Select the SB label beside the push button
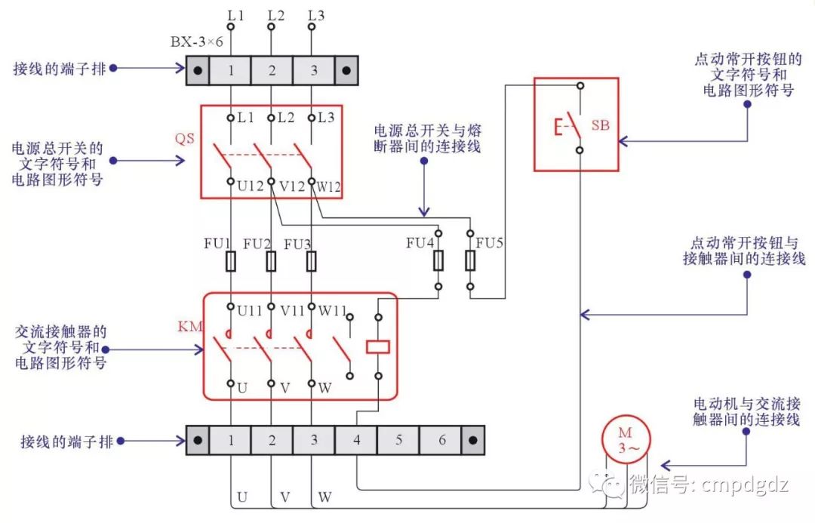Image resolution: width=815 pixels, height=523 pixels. (x=600, y=125)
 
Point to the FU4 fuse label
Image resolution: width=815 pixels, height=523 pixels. (x=420, y=243)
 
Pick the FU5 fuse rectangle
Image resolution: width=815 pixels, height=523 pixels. (x=470, y=261)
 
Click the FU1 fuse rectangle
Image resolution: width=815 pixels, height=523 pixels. (x=231, y=261)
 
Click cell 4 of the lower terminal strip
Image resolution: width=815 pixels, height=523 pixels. (x=356, y=439)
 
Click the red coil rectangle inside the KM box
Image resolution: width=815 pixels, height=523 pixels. (x=377, y=347)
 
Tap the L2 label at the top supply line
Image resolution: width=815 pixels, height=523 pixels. (x=277, y=14)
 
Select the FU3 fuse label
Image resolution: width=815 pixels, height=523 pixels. (x=297, y=244)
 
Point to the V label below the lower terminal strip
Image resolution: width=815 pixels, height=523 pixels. (x=284, y=497)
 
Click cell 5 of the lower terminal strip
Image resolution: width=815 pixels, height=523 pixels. (x=398, y=439)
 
